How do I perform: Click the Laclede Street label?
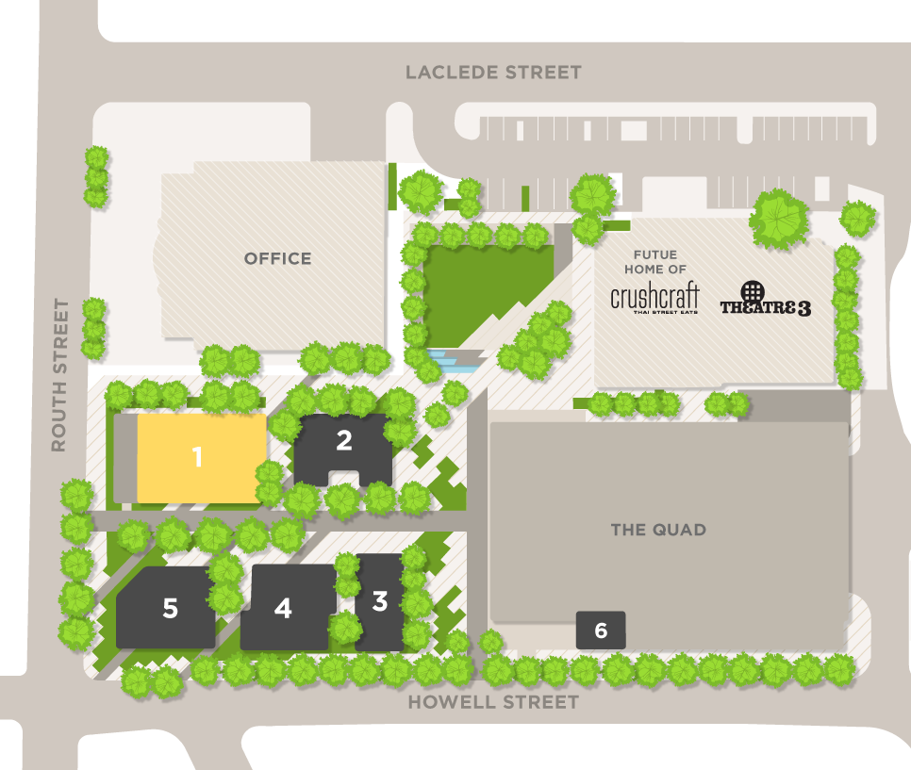pos(493,73)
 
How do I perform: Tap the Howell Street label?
pos(493,702)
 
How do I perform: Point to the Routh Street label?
pos(59,375)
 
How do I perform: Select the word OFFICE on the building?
pos(277,258)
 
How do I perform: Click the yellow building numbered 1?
pos(198,457)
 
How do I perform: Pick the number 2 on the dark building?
pos(344,439)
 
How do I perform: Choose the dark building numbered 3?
pos(379,601)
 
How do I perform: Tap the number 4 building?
pos(283,609)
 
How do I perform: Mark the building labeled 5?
pos(170,609)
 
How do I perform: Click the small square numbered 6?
pos(601,630)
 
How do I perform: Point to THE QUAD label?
pos(658,530)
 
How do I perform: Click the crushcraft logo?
pos(654,297)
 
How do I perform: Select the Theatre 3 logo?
pos(765,307)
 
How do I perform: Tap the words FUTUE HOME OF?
pos(655,262)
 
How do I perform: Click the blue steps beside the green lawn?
pos(453,360)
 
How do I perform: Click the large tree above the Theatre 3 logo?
pos(779,219)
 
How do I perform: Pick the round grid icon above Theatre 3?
pos(752,290)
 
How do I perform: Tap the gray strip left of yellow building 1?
pos(124,457)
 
